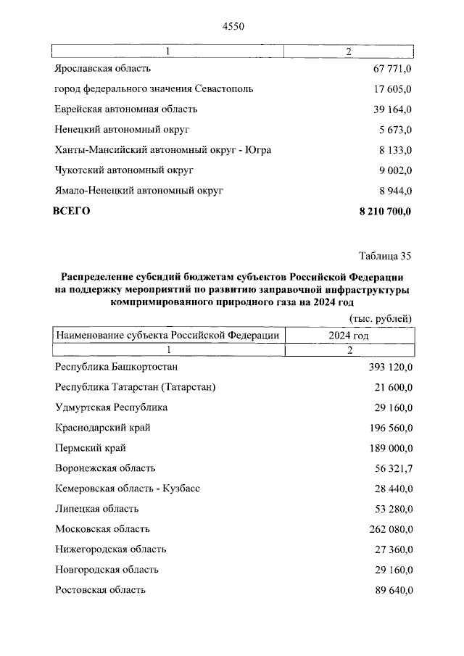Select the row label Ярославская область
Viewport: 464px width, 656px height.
coord(102,69)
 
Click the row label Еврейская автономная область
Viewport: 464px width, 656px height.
coord(125,109)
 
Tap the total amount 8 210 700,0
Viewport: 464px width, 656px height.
coord(384,211)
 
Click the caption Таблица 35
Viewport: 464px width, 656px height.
coord(385,256)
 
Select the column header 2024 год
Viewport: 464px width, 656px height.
coord(349,336)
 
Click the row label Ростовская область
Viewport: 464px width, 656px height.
coord(100,590)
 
